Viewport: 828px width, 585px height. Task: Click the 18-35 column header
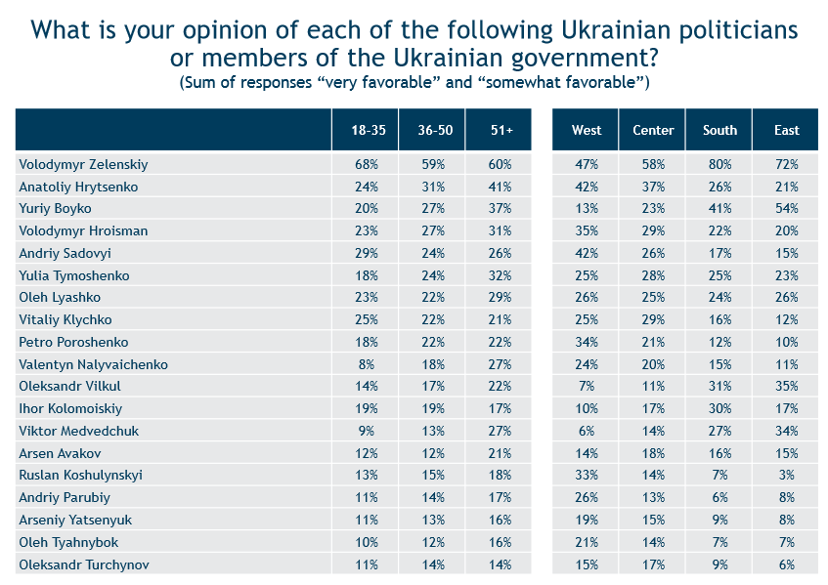pyautogui.click(x=369, y=130)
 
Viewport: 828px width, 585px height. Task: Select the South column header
pyautogui.click(x=719, y=130)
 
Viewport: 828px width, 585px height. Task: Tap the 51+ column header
pyautogui.click(x=501, y=130)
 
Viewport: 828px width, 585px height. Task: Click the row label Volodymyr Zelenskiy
pyautogui.click(x=83, y=165)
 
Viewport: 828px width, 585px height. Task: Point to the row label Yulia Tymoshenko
pyautogui.click(x=74, y=275)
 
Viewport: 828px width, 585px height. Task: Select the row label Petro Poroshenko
pyautogui.click(x=73, y=343)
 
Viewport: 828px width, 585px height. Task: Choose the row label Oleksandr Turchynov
pyautogui.click(x=84, y=564)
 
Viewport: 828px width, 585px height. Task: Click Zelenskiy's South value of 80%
pyautogui.click(x=719, y=165)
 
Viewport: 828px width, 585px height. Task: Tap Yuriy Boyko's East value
pyautogui.click(x=787, y=208)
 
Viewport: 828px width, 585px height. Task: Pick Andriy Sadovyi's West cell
pyautogui.click(x=587, y=253)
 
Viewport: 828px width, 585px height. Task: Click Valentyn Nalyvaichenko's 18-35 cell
pyautogui.click(x=367, y=364)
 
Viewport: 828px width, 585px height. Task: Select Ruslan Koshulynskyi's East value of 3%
pyautogui.click(x=787, y=476)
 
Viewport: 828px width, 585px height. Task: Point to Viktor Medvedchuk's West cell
pyautogui.click(x=587, y=431)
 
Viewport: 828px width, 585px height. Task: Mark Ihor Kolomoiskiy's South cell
pyautogui.click(x=719, y=409)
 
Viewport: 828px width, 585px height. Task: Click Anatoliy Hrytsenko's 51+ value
pyautogui.click(x=501, y=187)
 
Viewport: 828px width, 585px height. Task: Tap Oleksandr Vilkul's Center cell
pyautogui.click(x=653, y=386)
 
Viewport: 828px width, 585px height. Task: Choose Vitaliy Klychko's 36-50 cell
pyautogui.click(x=433, y=319)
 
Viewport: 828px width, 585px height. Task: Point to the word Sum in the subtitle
pyautogui.click(x=197, y=83)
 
